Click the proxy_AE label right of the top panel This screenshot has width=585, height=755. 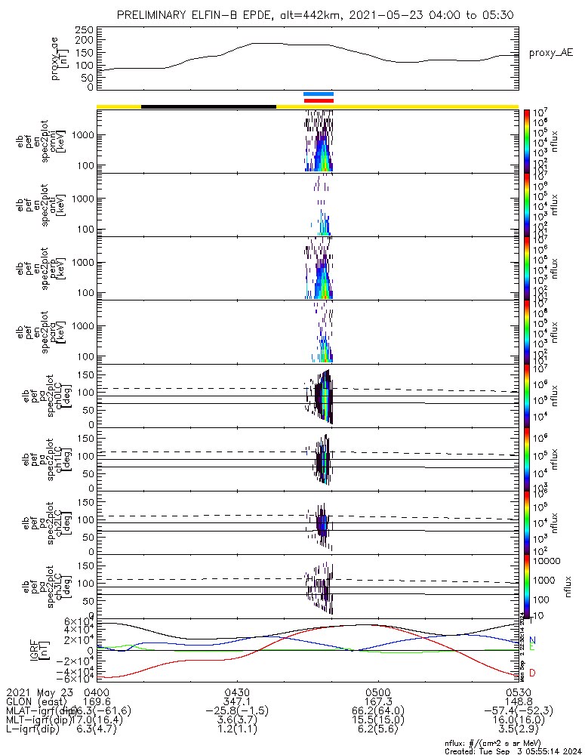[551, 53]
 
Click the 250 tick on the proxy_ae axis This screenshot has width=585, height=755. [85, 29]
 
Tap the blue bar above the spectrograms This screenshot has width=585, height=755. [318, 94]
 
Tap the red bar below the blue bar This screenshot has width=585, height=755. [318, 100]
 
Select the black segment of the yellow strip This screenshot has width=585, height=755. [208, 106]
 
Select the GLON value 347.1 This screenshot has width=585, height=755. [237, 701]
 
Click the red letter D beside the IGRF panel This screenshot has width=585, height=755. [533, 673]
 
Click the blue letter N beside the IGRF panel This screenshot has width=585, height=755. [533, 640]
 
